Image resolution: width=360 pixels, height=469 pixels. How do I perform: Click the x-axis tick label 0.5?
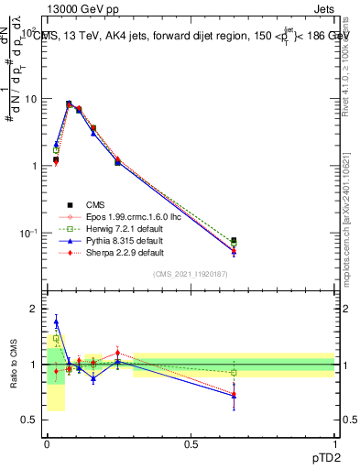point(191,443)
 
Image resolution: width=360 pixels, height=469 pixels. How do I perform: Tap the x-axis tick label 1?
point(335,443)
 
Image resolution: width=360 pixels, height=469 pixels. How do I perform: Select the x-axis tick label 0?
point(47,443)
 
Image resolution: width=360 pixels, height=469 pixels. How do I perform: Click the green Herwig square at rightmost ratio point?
point(234,373)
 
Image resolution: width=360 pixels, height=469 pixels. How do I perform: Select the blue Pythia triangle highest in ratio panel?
point(56,322)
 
